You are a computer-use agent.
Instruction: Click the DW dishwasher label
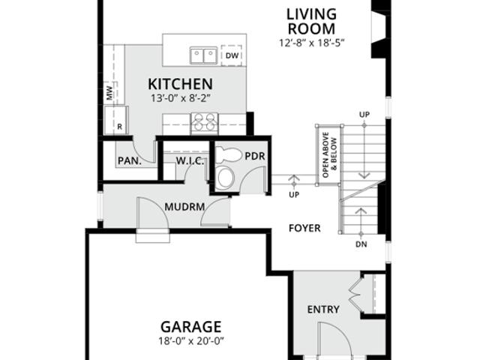(x=232, y=55)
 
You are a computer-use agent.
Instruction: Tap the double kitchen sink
(x=203, y=55)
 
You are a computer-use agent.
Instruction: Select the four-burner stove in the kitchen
(x=205, y=123)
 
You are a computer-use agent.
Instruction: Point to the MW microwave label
(x=109, y=93)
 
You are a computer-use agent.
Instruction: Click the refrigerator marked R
(x=116, y=120)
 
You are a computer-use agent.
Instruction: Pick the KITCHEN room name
(x=180, y=84)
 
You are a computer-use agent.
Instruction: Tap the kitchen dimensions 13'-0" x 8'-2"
(x=181, y=98)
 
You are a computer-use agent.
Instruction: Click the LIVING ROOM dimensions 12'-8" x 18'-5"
(x=312, y=43)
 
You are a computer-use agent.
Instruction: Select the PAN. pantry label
(x=130, y=160)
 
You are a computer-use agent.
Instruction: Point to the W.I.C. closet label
(x=190, y=160)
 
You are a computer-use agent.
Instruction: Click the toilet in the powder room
(x=227, y=155)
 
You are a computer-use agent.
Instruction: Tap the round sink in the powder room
(x=225, y=178)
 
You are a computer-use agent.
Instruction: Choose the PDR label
(x=255, y=156)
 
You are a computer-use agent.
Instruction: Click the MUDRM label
(x=184, y=207)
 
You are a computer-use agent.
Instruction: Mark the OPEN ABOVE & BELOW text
(x=329, y=154)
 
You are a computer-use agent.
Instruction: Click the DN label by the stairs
(x=361, y=244)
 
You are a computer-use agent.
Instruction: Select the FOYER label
(x=304, y=228)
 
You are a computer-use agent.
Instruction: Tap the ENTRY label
(x=323, y=310)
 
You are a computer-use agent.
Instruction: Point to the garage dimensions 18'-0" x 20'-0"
(x=191, y=340)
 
